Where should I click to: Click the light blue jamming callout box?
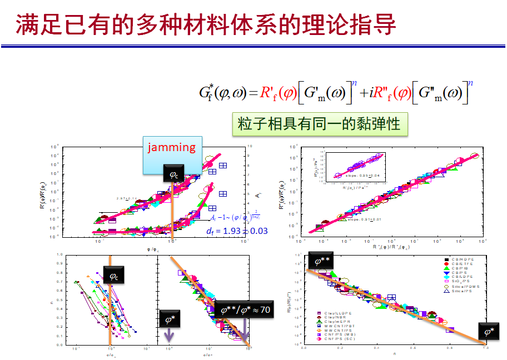click(171, 155)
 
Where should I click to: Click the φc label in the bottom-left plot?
click(113, 276)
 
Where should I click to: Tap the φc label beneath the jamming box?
click(174, 175)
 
